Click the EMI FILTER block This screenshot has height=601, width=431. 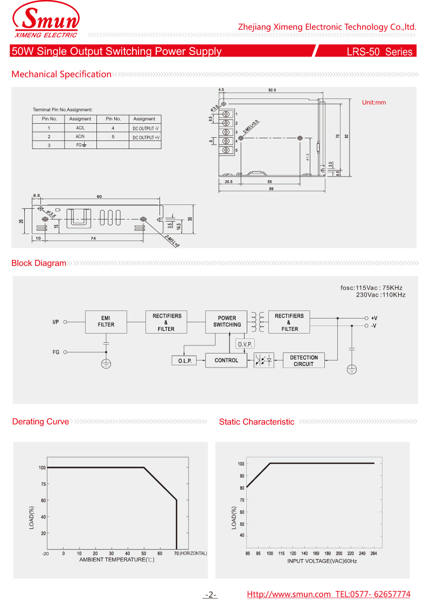pos(106,321)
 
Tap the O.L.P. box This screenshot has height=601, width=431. pos(185,360)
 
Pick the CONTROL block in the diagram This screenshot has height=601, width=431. pos(226,360)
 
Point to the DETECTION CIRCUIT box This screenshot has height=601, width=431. pos(304,360)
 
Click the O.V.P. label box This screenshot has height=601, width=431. pos(245,344)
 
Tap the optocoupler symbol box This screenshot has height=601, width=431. pos(264,360)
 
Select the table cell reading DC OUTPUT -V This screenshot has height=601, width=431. pos(145,128)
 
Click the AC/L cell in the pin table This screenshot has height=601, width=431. pos(80,128)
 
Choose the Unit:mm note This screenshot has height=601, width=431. pos(374,102)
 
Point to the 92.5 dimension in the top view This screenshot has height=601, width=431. pos(272,90)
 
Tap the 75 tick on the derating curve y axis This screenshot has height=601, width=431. pos(43,484)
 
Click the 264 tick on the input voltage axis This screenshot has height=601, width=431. pos(374,553)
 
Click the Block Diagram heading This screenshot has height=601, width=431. pos(39,263)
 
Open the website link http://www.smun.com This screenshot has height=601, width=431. pos(289,594)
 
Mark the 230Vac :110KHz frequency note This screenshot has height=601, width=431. pos(380,295)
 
